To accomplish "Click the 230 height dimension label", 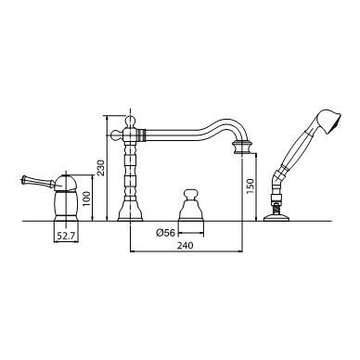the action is coord(100,168).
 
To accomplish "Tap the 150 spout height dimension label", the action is coord(250,186).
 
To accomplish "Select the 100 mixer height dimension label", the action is coord(86,199).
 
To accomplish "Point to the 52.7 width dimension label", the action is coord(66,237).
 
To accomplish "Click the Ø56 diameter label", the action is coord(166,233).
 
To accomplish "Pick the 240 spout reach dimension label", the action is coord(185,245).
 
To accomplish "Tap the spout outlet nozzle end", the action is coord(242,148).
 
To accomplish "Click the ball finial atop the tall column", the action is coord(130,121).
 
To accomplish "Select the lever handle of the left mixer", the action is coord(37,183).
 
